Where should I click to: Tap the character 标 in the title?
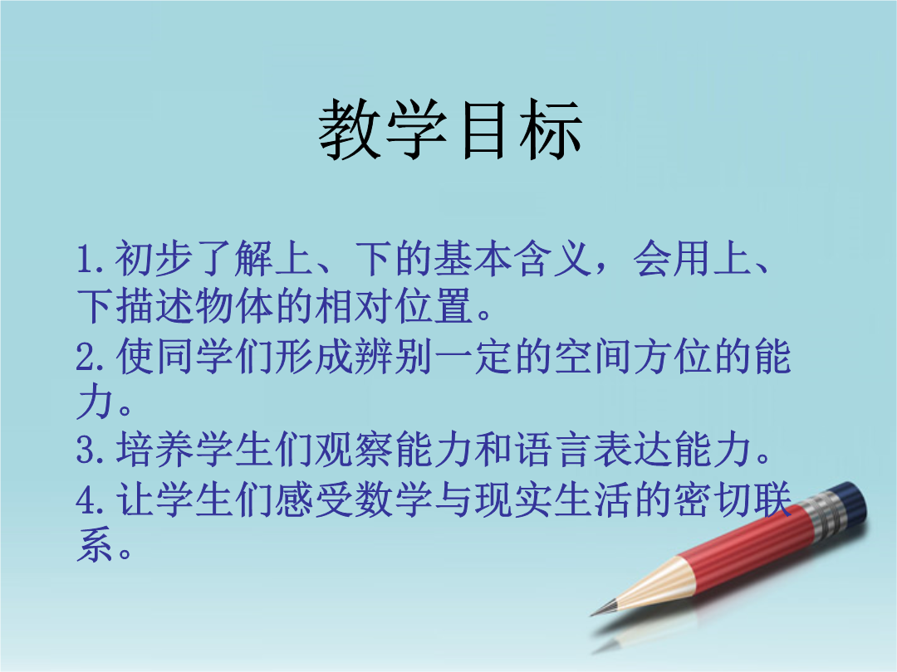point(551,129)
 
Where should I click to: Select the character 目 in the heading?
point(484,130)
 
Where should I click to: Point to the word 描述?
point(155,305)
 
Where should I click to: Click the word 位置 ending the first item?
point(434,305)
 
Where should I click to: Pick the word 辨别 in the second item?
point(394,357)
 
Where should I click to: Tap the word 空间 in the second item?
point(594,357)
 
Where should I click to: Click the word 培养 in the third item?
point(155,449)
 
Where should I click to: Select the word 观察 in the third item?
point(354,449)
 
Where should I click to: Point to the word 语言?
point(552,449)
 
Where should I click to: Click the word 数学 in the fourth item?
point(394,499)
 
